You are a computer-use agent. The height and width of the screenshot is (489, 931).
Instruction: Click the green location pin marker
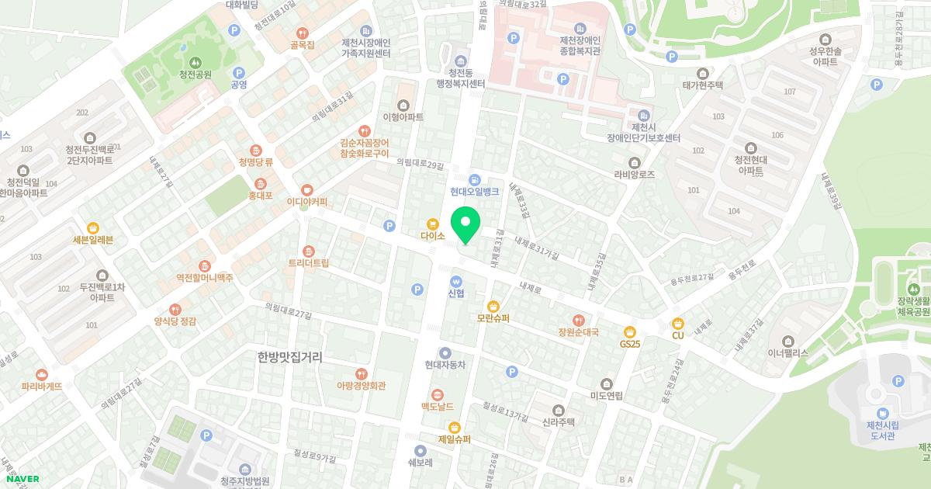coord(465,226)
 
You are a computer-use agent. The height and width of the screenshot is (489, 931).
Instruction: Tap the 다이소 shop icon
coord(432,223)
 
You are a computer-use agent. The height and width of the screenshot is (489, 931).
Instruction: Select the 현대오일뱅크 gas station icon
coord(474,180)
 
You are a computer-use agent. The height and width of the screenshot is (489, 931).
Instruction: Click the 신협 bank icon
coord(456,281)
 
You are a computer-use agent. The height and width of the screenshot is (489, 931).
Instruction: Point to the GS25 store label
coord(629,343)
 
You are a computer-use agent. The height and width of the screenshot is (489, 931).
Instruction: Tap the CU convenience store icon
coord(677,323)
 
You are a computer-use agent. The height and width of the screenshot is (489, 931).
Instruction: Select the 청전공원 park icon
coord(195,62)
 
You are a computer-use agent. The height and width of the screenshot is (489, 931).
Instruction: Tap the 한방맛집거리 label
coord(289,357)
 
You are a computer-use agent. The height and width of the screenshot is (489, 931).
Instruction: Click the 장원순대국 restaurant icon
coord(578,320)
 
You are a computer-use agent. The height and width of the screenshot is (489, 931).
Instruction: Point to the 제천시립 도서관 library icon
coord(882,413)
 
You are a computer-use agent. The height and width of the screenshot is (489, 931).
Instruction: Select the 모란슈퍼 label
coord(493,318)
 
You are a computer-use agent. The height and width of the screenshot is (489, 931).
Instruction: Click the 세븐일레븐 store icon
coord(93,227)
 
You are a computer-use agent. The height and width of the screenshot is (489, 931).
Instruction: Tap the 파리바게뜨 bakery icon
coord(42,373)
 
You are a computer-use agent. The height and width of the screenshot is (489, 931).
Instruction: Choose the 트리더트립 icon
coord(309,251)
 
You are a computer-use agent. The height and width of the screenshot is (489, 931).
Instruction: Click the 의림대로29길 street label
coord(421,164)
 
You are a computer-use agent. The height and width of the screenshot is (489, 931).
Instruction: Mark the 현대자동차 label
coord(445,365)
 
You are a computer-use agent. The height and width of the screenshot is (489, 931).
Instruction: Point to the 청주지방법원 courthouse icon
coord(244,470)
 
